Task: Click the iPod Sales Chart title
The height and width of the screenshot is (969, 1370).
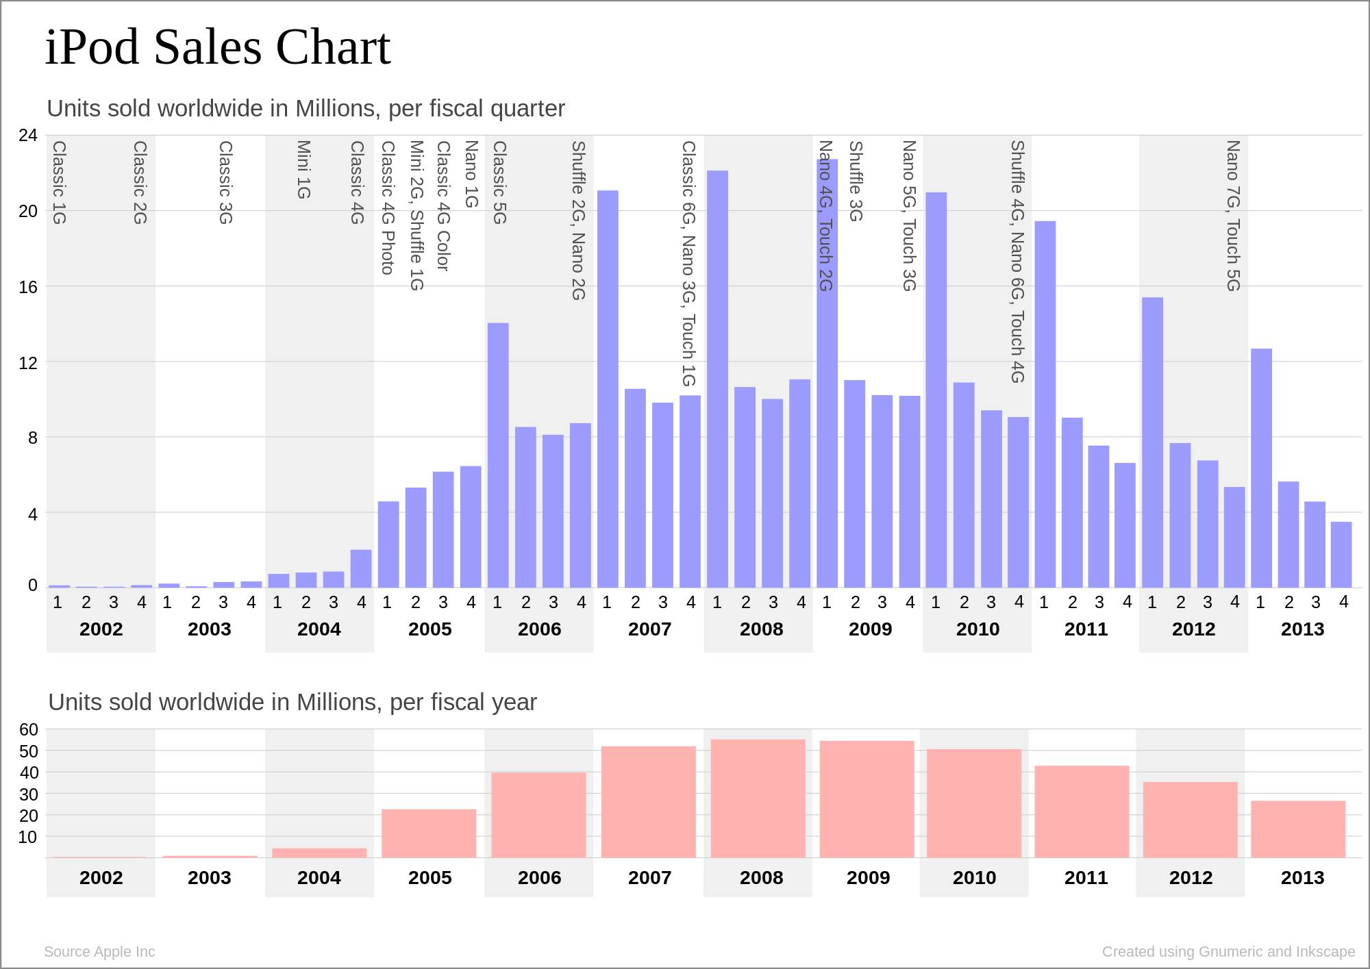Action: pos(218,48)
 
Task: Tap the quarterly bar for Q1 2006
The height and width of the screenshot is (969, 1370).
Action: pos(498,455)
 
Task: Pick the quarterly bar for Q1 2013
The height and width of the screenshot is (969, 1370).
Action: pos(1261,468)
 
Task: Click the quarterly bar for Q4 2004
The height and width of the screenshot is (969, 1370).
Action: pos(361,568)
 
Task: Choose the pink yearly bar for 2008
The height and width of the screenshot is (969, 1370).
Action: pos(758,798)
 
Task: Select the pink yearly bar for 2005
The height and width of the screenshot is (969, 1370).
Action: pos(429,833)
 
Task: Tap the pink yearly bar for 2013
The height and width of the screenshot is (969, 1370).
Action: pos(1298,829)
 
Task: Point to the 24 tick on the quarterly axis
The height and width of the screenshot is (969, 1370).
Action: pos(28,136)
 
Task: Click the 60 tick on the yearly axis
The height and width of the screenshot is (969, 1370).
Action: pos(28,730)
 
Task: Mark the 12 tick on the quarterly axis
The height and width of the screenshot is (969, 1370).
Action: pos(28,362)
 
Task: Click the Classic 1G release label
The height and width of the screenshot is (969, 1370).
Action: pos(59,182)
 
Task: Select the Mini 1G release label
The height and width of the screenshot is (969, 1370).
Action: pos(303,170)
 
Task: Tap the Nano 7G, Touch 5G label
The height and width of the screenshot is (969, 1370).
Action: pos(1233,216)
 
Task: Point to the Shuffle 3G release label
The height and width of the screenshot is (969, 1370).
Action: pos(856,181)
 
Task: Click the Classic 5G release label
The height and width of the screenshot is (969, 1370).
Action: pos(499,182)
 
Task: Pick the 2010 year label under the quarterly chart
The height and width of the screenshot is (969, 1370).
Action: pos(977,629)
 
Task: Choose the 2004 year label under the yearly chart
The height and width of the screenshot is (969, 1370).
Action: pos(319,878)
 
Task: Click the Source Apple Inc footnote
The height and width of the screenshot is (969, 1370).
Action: pos(99,952)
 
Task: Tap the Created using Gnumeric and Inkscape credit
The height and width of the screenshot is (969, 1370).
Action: pos(1228,952)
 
